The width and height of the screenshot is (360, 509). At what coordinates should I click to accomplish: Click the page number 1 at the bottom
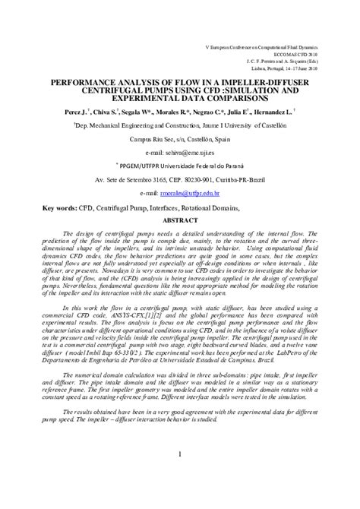tap(179, 476)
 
